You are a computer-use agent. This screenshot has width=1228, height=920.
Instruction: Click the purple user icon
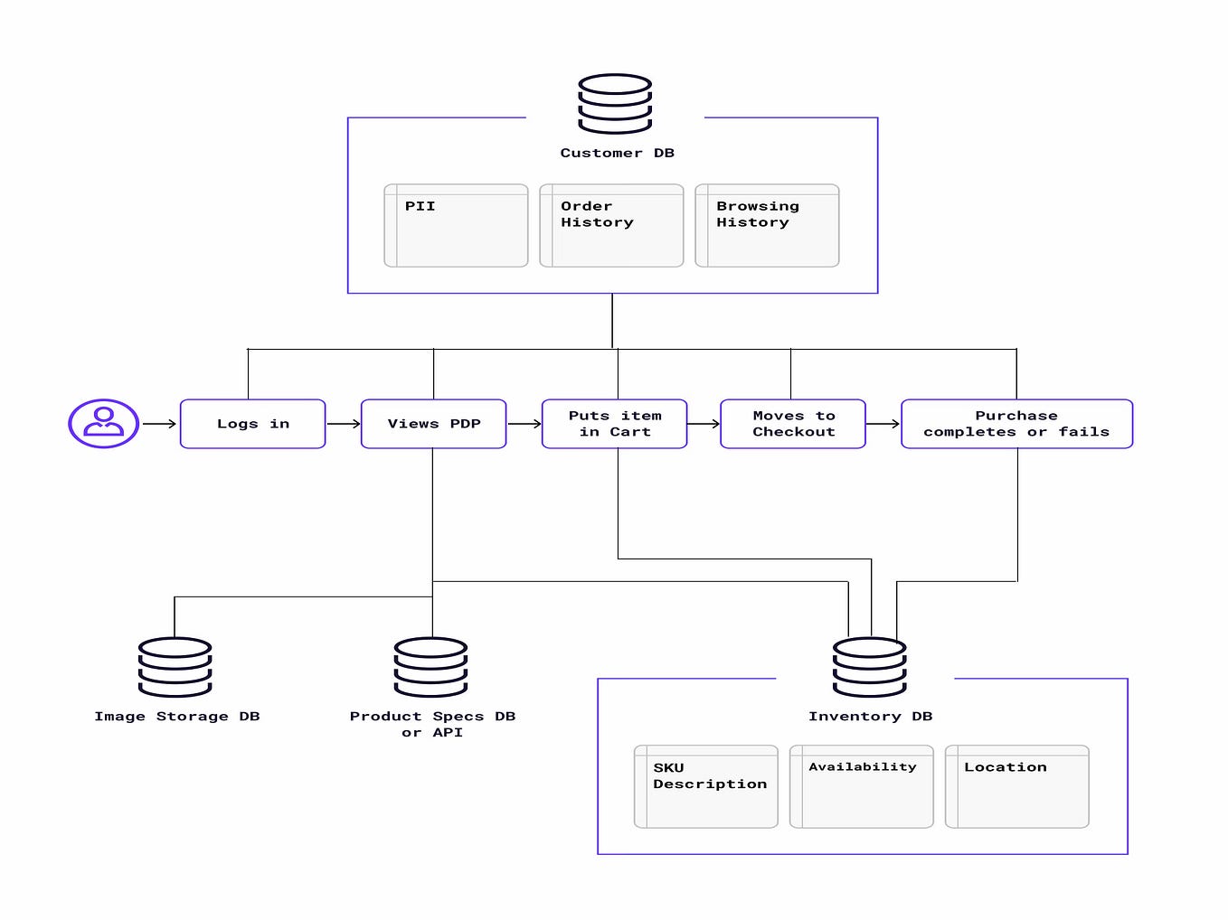tap(103, 423)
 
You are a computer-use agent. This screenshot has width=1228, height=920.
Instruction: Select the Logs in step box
tap(252, 424)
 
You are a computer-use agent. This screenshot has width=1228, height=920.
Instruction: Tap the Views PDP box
tap(433, 424)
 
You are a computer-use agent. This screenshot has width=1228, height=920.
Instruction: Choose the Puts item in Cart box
tap(614, 424)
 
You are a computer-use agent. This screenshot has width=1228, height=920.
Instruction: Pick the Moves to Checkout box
tap(793, 424)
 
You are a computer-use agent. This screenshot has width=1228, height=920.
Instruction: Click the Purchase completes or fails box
tap(1016, 424)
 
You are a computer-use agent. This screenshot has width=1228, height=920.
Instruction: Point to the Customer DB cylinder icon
tap(615, 104)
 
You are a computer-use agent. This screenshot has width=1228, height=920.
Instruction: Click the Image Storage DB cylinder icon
tap(175, 667)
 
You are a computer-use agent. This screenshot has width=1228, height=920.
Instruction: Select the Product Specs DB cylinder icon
tap(430, 667)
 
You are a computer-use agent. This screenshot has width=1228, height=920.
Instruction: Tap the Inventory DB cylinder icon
tap(869, 667)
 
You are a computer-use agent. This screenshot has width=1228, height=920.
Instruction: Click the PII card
tap(456, 226)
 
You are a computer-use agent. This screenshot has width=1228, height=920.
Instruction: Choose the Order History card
tap(611, 226)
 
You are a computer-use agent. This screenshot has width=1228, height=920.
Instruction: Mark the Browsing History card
tap(767, 226)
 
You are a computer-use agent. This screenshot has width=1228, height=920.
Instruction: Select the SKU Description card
tap(706, 786)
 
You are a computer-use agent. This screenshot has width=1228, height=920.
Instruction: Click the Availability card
tap(862, 786)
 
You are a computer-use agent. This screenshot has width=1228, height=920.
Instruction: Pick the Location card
tap(1017, 786)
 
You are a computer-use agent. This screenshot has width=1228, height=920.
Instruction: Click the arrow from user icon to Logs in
tap(159, 424)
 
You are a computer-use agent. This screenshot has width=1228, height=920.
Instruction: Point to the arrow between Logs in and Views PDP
tap(343, 424)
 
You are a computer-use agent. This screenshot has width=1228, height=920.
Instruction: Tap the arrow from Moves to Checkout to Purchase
tap(883, 424)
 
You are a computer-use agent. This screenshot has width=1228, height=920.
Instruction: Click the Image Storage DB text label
tap(177, 717)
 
